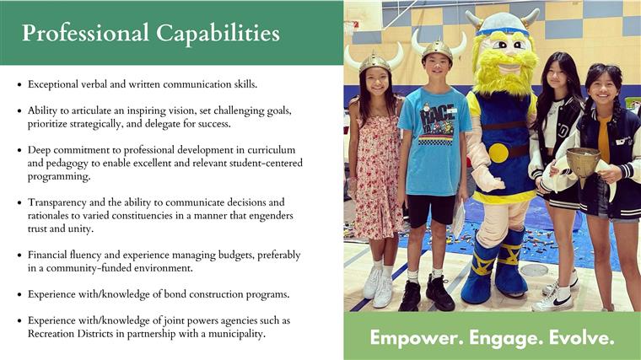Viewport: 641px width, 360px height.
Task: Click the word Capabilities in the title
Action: pos(218,34)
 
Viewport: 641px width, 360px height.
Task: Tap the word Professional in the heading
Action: pos(85,33)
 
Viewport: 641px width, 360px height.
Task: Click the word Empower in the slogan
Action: pos(417,338)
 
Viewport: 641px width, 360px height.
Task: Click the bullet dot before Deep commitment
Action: pos(19,150)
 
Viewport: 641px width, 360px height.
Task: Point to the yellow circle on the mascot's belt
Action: pos(498,153)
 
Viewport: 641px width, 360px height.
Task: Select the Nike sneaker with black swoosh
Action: pos(553,299)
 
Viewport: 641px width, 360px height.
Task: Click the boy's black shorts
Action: pos(430,210)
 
